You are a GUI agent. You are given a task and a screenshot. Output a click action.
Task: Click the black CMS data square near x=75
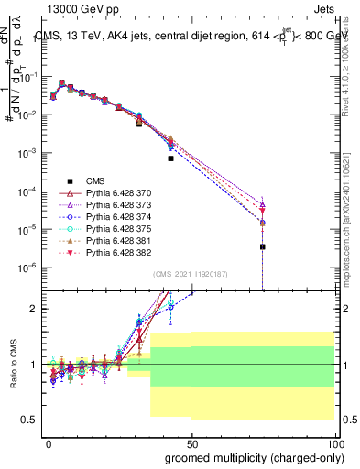pyautogui.click(x=263, y=246)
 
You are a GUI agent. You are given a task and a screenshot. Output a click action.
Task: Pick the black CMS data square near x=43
pyautogui.click(x=170, y=158)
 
